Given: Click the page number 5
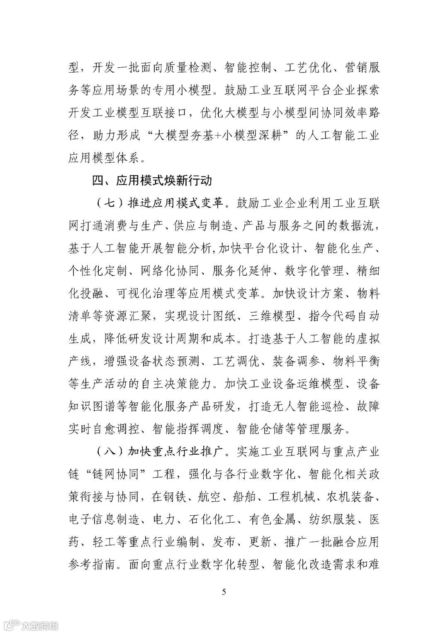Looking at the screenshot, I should [224, 592].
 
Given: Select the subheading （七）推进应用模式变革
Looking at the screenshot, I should [162, 204].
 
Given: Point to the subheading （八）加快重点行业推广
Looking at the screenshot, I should [162, 451].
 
